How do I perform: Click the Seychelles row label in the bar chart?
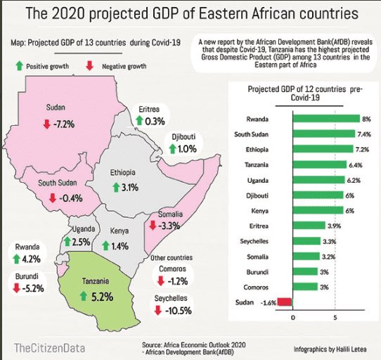tap(266, 240)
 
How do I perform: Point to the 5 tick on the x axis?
tap(335, 317)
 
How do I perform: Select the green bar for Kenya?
tap(318, 210)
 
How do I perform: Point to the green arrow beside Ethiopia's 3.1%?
tap(117, 188)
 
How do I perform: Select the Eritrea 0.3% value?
tap(155, 122)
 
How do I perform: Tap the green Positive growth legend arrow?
tap(19, 65)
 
